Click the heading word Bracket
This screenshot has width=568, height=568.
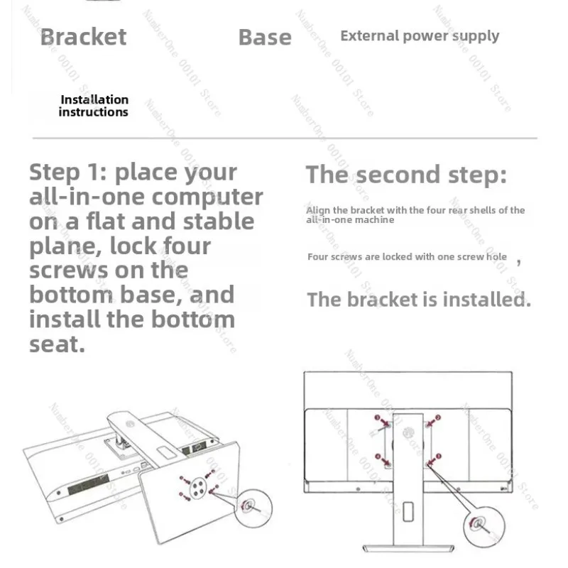(83, 37)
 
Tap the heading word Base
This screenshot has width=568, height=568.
(265, 38)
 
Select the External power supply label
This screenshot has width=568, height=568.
(420, 36)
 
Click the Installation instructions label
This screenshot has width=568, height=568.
(94, 106)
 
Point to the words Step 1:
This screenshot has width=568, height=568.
(67, 172)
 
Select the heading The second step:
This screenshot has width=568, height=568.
(406, 175)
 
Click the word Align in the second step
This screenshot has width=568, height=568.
(318, 210)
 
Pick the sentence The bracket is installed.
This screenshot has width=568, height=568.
(418, 300)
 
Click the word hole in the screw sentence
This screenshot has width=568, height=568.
(496, 256)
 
